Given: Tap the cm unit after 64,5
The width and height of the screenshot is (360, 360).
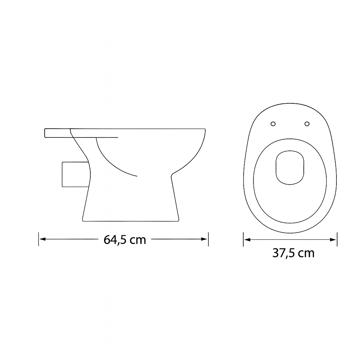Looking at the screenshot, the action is coord(138,240).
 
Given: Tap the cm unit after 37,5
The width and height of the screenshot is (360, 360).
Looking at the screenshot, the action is coord(306,254).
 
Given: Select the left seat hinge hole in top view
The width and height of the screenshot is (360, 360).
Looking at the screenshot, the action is coord(273,124).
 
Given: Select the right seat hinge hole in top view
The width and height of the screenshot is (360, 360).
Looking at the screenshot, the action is coord(307,124).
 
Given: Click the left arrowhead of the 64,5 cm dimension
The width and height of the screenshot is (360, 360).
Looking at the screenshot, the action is coord(43,239).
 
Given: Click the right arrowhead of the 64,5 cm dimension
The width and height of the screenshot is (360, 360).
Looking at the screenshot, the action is coord(204,239).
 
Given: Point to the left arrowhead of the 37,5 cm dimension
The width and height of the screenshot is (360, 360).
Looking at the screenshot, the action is coord(247,240).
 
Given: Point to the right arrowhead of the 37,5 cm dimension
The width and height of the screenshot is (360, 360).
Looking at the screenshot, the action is coord(333,240).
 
